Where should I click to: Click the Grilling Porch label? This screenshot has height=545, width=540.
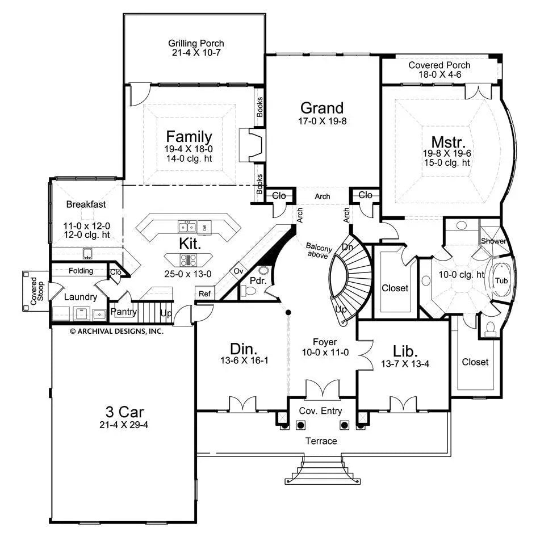point(196,43)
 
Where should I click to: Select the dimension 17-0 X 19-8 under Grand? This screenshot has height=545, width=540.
point(322,121)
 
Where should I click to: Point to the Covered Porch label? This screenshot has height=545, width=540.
point(439,65)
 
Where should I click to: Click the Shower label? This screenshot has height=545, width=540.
point(493,241)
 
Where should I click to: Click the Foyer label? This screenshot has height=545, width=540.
point(325,342)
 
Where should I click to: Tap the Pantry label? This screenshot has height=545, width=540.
point(124,312)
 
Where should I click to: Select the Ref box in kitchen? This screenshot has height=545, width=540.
point(204,294)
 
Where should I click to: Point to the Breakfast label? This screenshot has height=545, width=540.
point(86,204)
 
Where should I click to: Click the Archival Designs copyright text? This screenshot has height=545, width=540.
point(116,331)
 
